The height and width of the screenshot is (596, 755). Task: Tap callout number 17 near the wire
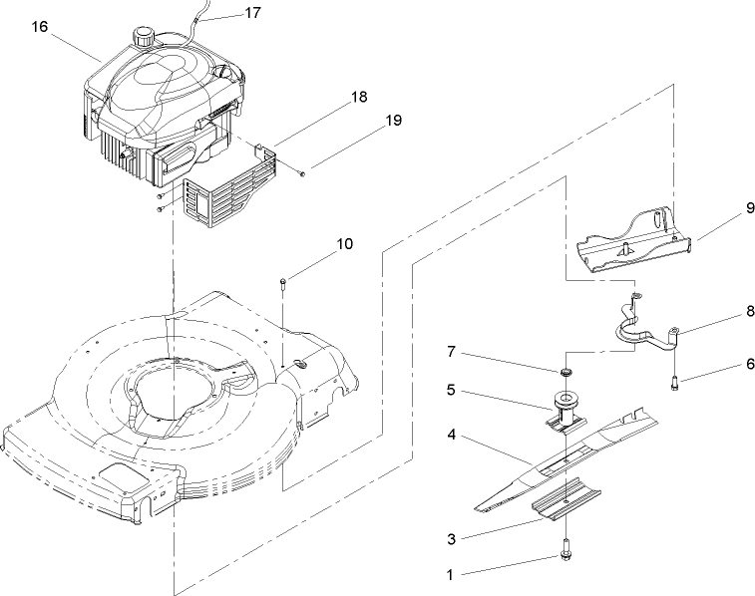click(252, 14)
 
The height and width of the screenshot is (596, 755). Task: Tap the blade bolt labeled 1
click(566, 550)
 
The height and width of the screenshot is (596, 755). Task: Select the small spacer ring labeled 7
click(566, 373)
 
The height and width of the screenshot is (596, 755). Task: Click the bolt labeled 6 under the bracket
click(675, 379)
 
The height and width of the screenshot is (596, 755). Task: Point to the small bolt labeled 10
click(284, 285)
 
